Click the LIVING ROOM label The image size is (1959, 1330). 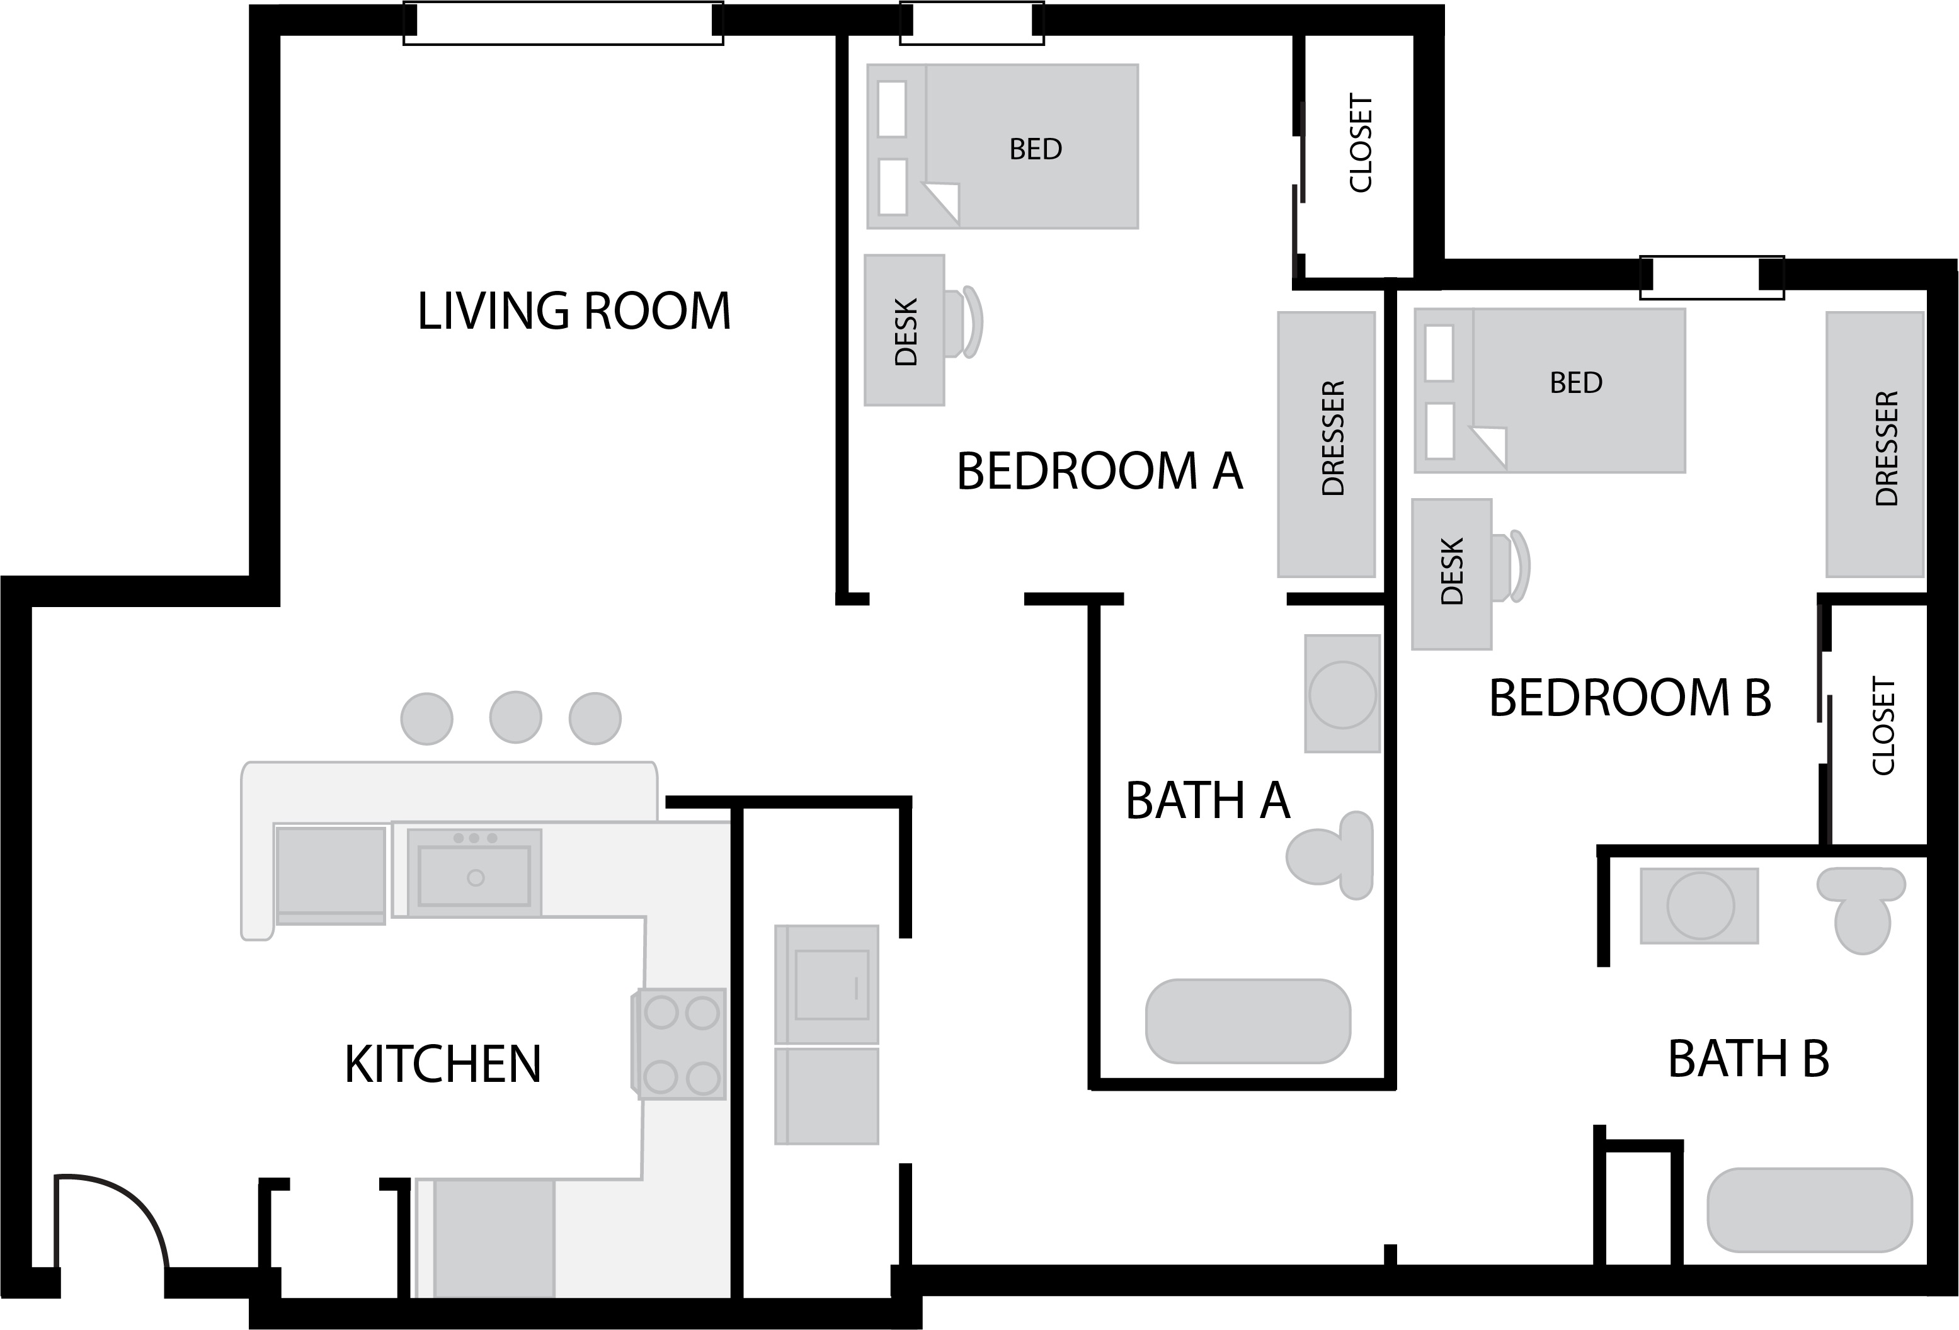coord(574,311)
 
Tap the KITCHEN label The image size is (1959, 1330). coord(443,1064)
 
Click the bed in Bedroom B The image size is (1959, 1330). coord(1550,390)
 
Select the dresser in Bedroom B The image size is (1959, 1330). coord(1875,444)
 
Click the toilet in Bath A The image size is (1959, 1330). coord(1330,855)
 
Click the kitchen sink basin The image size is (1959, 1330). coord(474,877)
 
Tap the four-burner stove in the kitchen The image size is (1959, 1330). coord(678,1044)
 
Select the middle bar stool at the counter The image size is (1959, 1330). coord(515,717)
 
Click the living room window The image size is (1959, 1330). coord(563,23)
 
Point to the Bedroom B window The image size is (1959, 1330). coord(1712,277)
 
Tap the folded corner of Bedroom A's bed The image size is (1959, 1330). coord(942,202)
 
